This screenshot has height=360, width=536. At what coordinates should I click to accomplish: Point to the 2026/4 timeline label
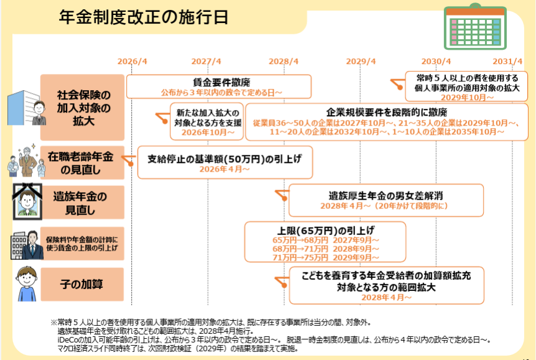[132, 62]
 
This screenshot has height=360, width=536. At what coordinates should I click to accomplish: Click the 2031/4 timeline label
[507, 62]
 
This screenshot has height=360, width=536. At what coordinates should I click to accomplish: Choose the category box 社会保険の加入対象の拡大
[83, 108]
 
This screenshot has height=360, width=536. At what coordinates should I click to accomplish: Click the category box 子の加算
[81, 284]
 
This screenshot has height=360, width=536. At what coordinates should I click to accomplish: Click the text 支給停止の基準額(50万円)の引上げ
[224, 159]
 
